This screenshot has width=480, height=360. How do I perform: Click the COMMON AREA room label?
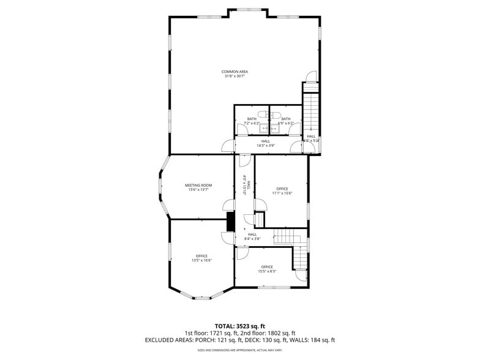point(235,72)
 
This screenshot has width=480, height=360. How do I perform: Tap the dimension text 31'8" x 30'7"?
point(235,77)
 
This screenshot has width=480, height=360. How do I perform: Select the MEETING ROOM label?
point(198,185)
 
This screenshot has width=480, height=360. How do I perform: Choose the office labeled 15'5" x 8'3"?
point(267,269)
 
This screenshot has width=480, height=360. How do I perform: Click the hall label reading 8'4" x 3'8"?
point(252,236)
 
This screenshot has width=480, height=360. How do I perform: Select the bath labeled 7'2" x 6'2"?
point(252,121)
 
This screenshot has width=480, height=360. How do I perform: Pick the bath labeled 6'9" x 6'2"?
point(285,121)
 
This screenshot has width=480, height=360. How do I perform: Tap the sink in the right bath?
point(274,129)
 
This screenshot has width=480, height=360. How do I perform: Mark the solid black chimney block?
point(231,222)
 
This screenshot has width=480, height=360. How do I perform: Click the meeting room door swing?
point(228,206)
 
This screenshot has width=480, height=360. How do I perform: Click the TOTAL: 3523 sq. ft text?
point(239,326)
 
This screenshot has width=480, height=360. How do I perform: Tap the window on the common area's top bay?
point(247,9)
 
